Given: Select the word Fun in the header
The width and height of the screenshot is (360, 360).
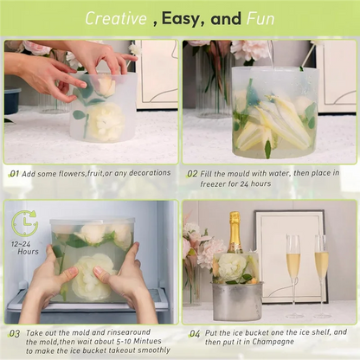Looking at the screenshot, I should [x=260, y=17].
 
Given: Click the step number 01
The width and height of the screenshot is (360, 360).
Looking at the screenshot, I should [x=15, y=173].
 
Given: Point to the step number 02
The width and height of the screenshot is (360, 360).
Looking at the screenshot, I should [x=192, y=173].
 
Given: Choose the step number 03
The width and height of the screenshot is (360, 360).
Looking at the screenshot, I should [x=15, y=332].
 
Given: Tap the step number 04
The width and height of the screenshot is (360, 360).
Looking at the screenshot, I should [x=195, y=332].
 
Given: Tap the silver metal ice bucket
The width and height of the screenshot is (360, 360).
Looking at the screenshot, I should [x=236, y=299].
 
